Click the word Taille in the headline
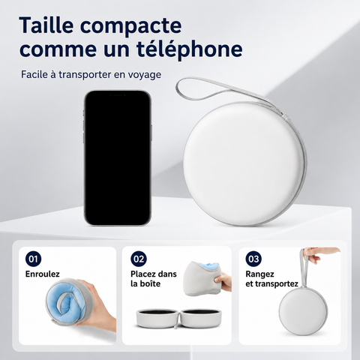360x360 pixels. pyautogui.click(x=46, y=25)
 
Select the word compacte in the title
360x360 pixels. pyautogui.click(x=130, y=26)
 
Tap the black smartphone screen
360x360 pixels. pyautogui.click(x=117, y=157)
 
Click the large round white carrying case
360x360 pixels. pyautogui.click(x=244, y=163)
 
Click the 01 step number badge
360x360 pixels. pyautogui.click(x=33, y=259)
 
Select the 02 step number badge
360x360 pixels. pyautogui.click(x=139, y=259)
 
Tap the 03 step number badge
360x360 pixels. pyautogui.click(x=253, y=259)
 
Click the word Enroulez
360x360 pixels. pyautogui.click(x=43, y=274)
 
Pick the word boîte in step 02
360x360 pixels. pyautogui.click(x=150, y=283)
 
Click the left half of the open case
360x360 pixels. pyautogui.click(x=157, y=318)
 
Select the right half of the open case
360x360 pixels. pyautogui.click(x=201, y=318)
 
